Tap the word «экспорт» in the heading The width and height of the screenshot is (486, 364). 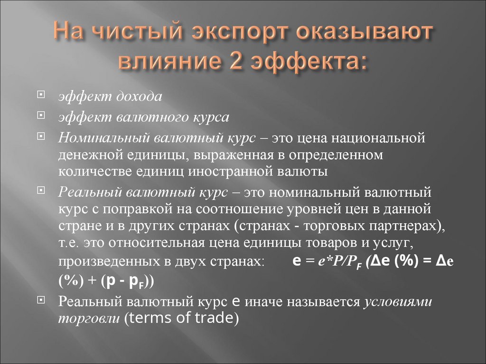pos(224,35)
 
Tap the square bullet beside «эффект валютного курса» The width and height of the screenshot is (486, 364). pos(42,116)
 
